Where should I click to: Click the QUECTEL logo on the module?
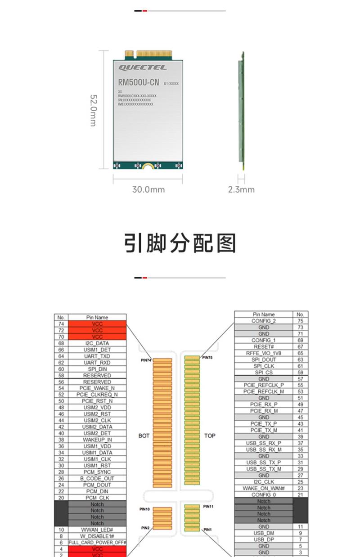(x=142, y=67)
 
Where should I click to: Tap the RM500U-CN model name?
(x=139, y=82)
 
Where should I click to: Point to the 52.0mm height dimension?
(x=93, y=110)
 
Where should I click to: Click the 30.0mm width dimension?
(x=148, y=189)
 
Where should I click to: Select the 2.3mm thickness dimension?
(x=241, y=189)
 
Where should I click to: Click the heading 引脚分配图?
(x=180, y=243)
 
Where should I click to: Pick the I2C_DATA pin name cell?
(x=97, y=343)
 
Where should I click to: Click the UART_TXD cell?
(x=97, y=356)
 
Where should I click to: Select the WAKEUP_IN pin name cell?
(x=97, y=440)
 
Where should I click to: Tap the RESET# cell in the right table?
(x=264, y=347)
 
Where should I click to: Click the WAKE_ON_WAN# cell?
(x=264, y=488)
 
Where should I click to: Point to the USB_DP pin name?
(x=264, y=539)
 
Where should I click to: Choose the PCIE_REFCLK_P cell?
(x=264, y=385)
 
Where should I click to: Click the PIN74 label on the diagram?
(x=146, y=360)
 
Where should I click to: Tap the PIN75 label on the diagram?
(x=207, y=357)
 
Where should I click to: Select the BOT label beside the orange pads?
(x=144, y=436)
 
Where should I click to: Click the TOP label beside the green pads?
(x=210, y=436)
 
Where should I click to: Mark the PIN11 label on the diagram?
(x=208, y=506)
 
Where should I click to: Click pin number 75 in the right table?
(x=300, y=321)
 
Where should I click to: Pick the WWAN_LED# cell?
(x=97, y=530)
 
